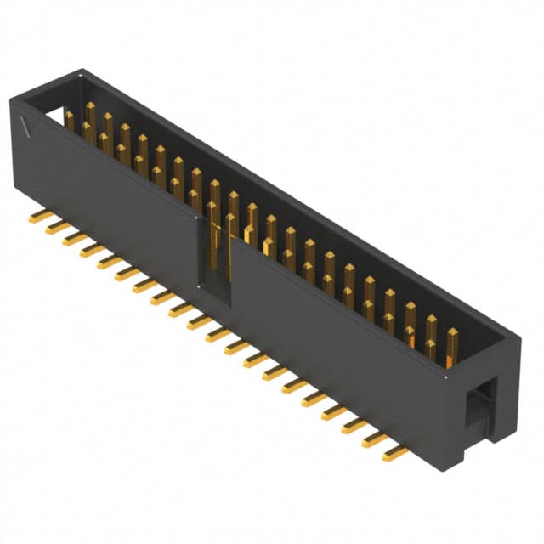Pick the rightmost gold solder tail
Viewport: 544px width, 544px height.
point(395,453)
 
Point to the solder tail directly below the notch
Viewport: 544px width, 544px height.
point(199,321)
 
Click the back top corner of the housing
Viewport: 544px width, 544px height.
point(82,71)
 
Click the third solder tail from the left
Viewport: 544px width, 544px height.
point(76,239)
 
